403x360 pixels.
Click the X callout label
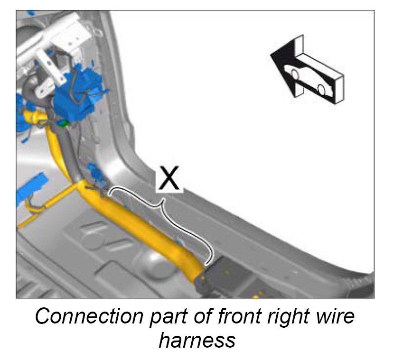pyautogui.click(x=169, y=179)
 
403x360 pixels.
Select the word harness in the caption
pyautogui.click(x=197, y=340)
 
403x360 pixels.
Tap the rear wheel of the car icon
pyautogui.click(x=321, y=89)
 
